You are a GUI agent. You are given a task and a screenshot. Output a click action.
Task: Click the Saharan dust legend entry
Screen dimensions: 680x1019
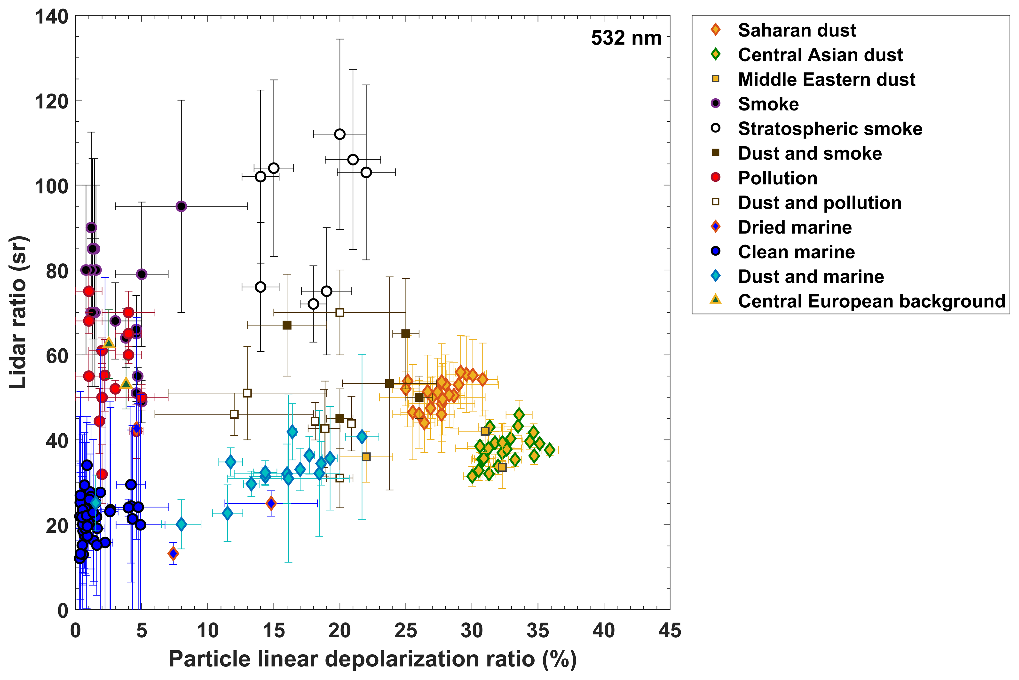click(x=797, y=30)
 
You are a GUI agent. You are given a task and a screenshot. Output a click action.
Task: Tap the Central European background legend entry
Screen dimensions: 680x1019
click(x=871, y=301)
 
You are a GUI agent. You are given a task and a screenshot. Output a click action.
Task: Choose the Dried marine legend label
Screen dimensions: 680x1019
click(x=795, y=227)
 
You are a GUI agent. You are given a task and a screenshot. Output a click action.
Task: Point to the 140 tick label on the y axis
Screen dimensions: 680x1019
click(x=51, y=17)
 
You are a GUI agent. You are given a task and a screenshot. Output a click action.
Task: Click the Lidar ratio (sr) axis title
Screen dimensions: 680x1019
click(x=18, y=312)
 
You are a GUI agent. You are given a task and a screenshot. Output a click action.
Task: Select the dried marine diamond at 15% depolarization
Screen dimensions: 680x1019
click(x=271, y=503)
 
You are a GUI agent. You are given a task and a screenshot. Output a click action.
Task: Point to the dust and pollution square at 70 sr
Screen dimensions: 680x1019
click(x=340, y=312)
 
